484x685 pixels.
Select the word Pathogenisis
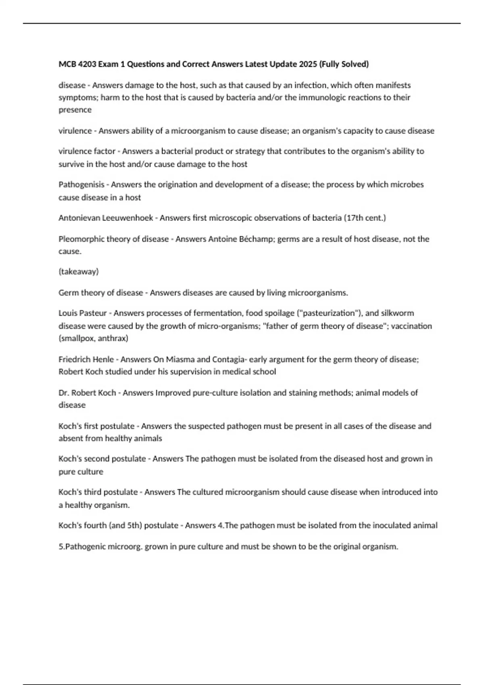pos(81,185)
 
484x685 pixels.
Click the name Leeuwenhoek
pos(128,218)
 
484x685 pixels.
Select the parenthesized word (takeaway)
pos(79,272)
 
